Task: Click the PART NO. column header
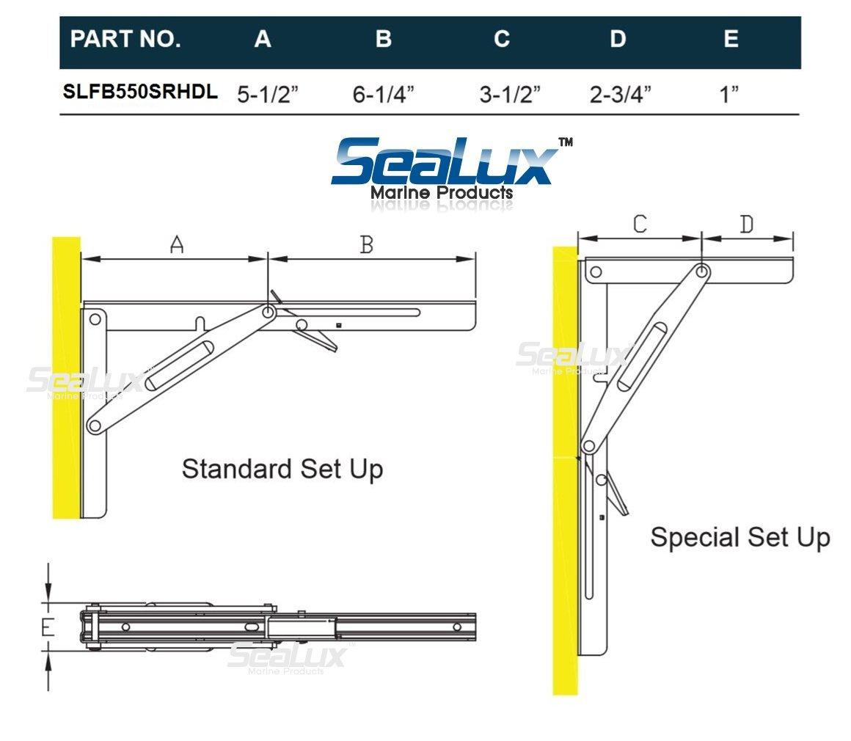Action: click(x=125, y=39)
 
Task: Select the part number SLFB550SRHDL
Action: click(x=139, y=92)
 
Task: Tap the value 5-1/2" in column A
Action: click(x=268, y=95)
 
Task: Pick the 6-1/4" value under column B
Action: click(x=383, y=95)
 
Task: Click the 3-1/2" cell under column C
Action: click(x=510, y=95)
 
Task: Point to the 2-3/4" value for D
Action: click(x=620, y=95)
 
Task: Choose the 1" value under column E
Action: click(x=728, y=95)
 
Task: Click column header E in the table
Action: click(x=731, y=39)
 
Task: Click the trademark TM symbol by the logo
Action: click(x=566, y=142)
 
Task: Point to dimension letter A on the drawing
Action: click(x=176, y=246)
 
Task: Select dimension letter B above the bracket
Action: click(x=367, y=245)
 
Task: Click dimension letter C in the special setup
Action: click(x=640, y=225)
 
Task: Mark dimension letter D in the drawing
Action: click(x=746, y=225)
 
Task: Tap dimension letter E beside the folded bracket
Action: click(x=48, y=627)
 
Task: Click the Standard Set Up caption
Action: click(x=282, y=468)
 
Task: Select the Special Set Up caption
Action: click(x=739, y=537)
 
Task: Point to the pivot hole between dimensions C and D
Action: click(x=702, y=272)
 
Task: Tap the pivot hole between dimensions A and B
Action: click(x=269, y=313)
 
